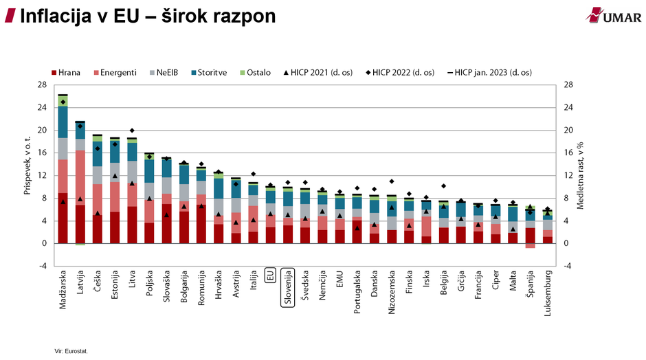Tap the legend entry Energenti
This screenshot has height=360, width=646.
[x=114, y=72]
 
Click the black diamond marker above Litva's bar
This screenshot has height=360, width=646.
[x=132, y=131]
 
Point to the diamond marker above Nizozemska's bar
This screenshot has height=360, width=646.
[x=392, y=181]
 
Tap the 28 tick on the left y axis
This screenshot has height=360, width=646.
[x=42, y=85]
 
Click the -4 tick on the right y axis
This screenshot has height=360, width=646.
[x=568, y=266]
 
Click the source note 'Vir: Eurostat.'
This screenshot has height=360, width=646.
[x=71, y=350]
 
